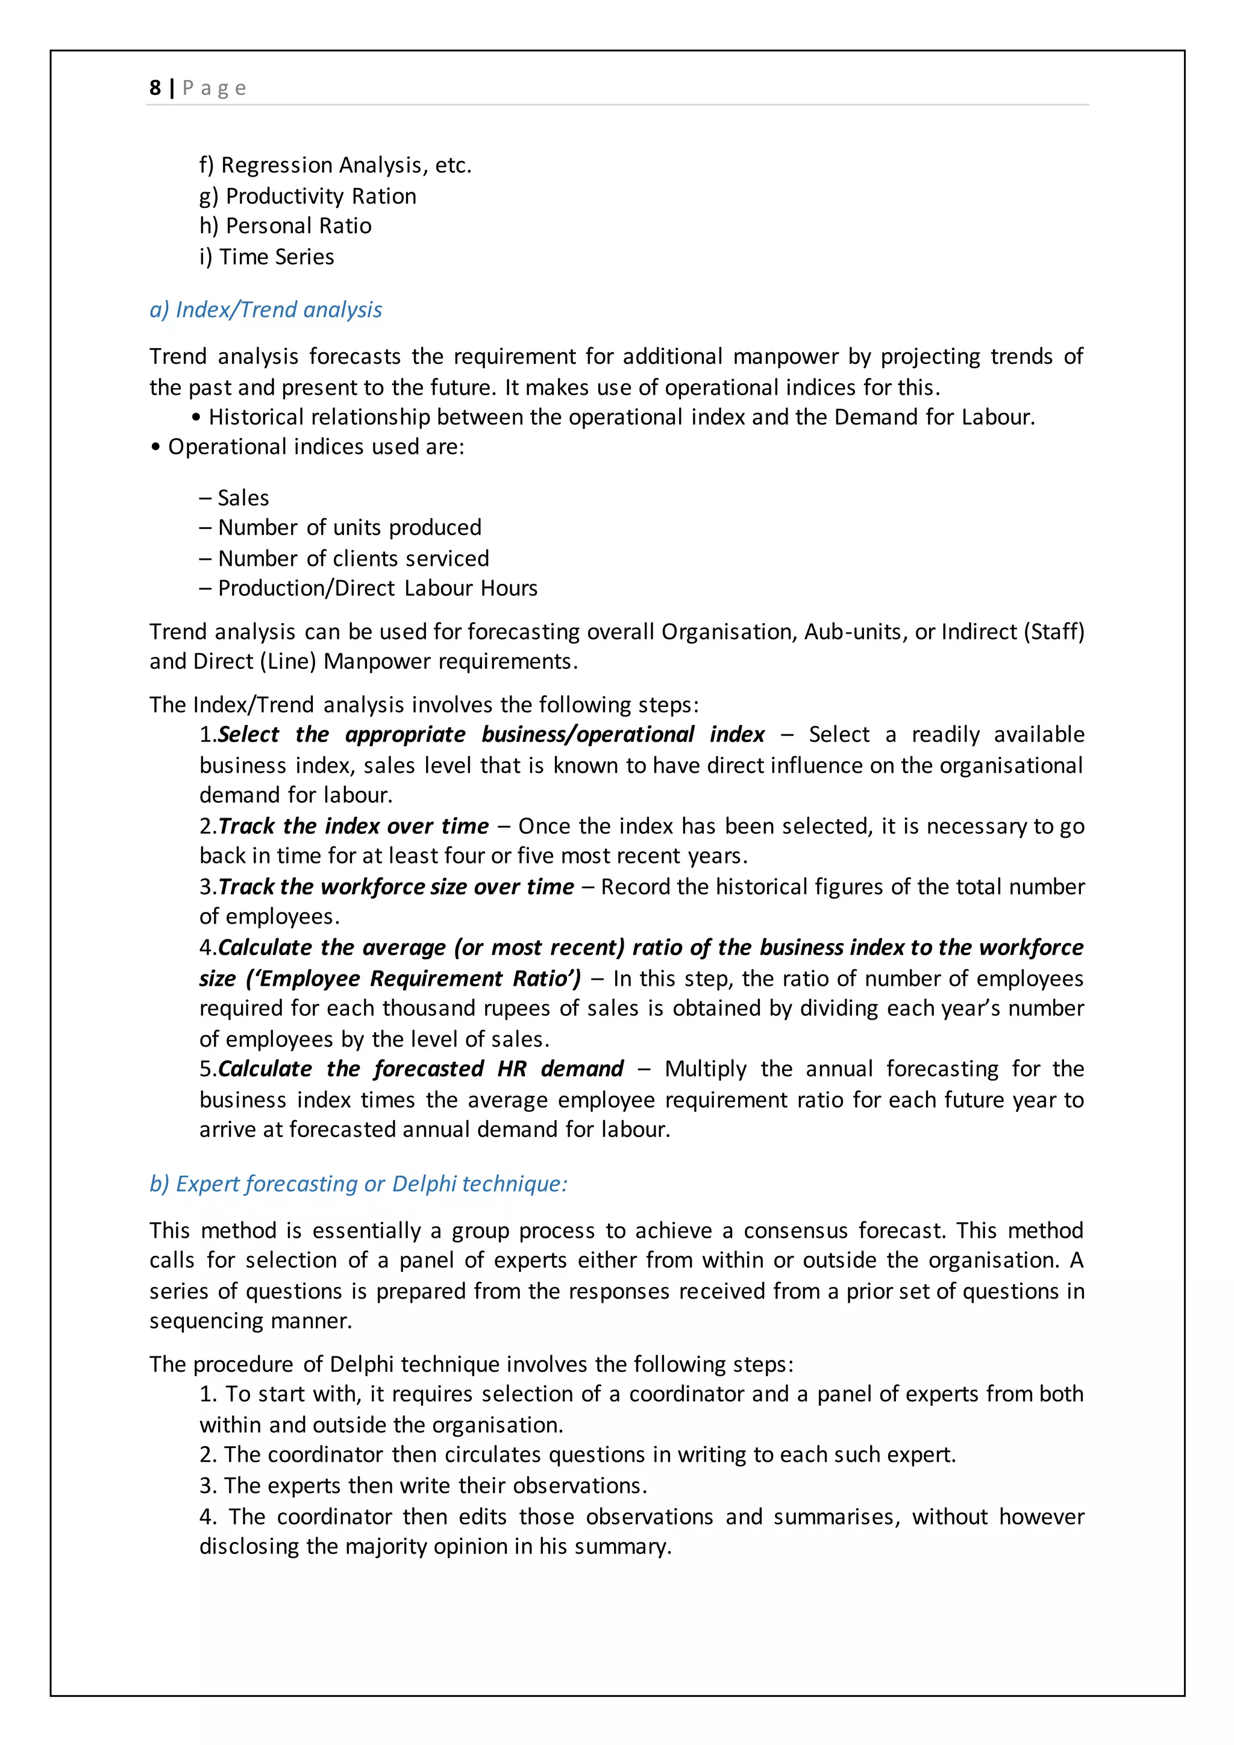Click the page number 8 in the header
pos(155,88)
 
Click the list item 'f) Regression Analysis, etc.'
pos(335,165)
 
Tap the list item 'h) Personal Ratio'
pos(285,226)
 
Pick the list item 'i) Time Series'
pos(267,257)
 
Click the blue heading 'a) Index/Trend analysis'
pos(265,310)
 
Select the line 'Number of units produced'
pos(349,527)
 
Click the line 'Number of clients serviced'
pos(352,559)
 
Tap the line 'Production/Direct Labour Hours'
pos(377,588)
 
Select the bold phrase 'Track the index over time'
pos(353,826)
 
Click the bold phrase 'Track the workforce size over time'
pos(396,887)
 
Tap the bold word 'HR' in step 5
pos(512,1070)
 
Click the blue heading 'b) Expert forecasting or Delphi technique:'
pos(358,1184)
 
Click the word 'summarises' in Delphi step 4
pos(836,1517)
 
